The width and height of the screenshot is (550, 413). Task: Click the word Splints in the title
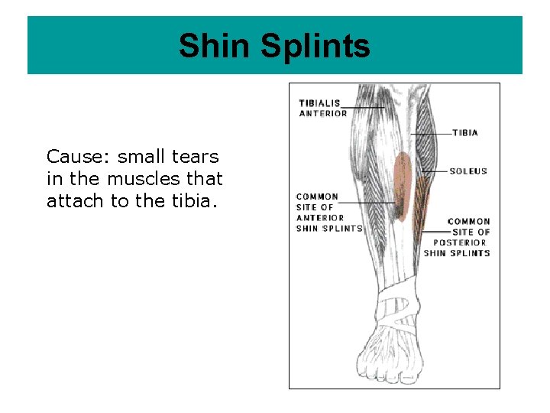click(315, 46)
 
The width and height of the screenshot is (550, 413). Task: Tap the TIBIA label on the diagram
click(464, 133)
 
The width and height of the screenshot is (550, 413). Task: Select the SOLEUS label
click(468, 171)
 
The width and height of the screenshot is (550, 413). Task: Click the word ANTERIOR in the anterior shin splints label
click(320, 217)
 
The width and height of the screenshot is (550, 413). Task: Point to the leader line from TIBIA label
click(432, 134)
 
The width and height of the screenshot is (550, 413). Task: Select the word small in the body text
click(141, 157)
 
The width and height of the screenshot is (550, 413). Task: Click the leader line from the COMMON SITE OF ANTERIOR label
click(367, 202)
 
